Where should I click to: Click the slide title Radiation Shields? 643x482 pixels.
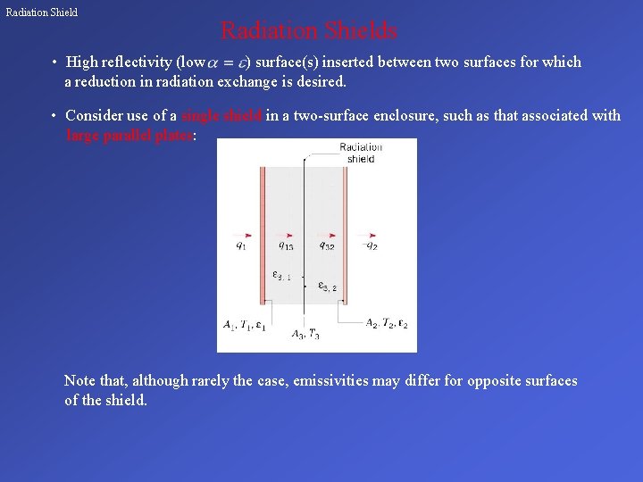click(x=308, y=31)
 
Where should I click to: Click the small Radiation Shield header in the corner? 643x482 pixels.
click(x=42, y=12)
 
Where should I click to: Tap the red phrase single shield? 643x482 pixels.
click(x=221, y=116)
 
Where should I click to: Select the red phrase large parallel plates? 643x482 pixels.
click(x=129, y=136)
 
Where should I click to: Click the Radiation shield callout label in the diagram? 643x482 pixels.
click(x=361, y=154)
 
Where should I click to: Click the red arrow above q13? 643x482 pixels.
click(x=284, y=236)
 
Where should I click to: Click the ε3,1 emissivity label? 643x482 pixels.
click(x=281, y=276)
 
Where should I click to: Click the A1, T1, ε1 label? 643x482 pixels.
click(x=244, y=325)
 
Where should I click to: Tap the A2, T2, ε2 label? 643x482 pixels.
click(x=387, y=323)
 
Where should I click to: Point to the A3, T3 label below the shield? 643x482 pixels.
click(x=305, y=335)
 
